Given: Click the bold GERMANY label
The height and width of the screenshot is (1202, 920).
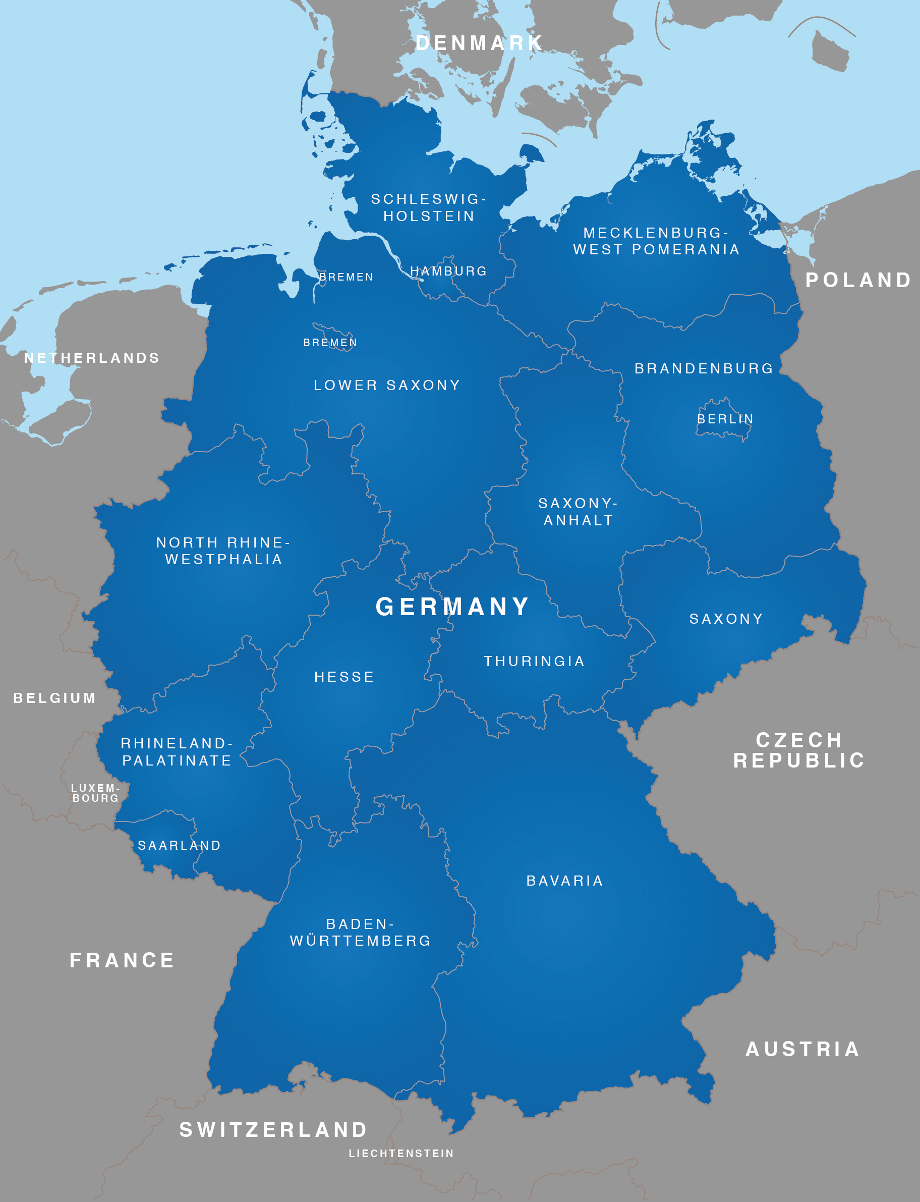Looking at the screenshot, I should point(452,607).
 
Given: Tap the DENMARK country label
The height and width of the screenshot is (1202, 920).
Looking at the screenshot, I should point(479,43).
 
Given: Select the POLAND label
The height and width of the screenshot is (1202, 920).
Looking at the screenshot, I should point(858,280).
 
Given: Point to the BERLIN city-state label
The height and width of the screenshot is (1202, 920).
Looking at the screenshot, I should point(725,419).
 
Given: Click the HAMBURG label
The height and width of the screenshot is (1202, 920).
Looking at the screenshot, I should point(448,271).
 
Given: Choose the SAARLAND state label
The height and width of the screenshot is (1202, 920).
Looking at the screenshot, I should point(179,845).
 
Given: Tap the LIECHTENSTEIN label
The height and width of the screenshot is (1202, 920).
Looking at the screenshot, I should point(401,1153).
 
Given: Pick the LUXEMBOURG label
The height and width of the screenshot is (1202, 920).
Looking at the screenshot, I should point(95,793).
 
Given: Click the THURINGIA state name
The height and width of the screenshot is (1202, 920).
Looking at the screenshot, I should point(534,661).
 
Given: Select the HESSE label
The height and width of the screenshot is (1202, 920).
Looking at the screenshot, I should point(344,677).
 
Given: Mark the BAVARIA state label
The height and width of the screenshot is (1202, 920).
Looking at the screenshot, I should point(564,881).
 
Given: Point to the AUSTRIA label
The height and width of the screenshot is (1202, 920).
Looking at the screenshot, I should point(803,1049).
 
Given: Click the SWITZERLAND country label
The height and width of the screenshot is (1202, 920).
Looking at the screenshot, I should point(274,1130).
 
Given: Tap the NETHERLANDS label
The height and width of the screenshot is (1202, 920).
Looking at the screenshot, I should point(92,358).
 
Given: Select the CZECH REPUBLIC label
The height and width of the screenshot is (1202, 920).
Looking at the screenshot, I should point(799,750).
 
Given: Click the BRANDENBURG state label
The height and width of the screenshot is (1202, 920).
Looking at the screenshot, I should point(704,369).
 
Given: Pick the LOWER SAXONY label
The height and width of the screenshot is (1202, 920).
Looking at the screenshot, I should point(387,385).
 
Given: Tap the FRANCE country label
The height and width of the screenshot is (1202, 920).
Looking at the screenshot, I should point(122,960).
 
